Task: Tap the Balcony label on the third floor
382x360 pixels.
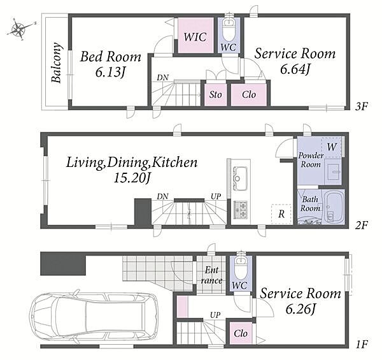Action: click(56, 63)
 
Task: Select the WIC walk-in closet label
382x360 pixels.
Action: click(195, 37)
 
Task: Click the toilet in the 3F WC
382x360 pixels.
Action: click(229, 29)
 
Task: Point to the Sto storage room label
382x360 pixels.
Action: click(216, 94)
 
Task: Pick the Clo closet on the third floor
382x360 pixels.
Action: click(249, 94)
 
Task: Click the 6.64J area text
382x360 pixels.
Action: click(295, 69)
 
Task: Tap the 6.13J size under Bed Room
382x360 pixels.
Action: click(110, 73)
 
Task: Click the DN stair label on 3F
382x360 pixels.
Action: click(163, 78)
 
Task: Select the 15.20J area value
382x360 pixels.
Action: click(132, 178)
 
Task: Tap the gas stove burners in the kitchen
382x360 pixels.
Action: click(241, 209)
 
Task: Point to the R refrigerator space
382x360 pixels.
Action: click(281, 214)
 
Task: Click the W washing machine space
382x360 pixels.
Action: click(332, 147)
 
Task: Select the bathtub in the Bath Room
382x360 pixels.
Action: click(334, 206)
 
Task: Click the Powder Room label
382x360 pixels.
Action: click(311, 160)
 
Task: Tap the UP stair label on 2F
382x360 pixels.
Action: click(216, 196)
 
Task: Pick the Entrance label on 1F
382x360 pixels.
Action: click(211, 275)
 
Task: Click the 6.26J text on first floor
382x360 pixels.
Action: click(301, 310)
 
